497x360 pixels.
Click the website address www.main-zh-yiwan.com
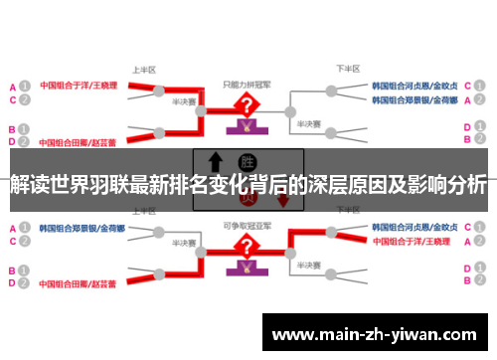(378, 335)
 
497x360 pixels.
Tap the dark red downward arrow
(283, 199)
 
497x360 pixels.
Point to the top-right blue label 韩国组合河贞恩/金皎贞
(414, 86)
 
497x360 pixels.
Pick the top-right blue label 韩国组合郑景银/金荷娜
(414, 100)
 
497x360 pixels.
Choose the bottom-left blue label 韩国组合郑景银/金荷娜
(81, 228)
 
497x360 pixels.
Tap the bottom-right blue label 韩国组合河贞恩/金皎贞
(414, 228)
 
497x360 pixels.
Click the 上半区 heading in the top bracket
(145, 70)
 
